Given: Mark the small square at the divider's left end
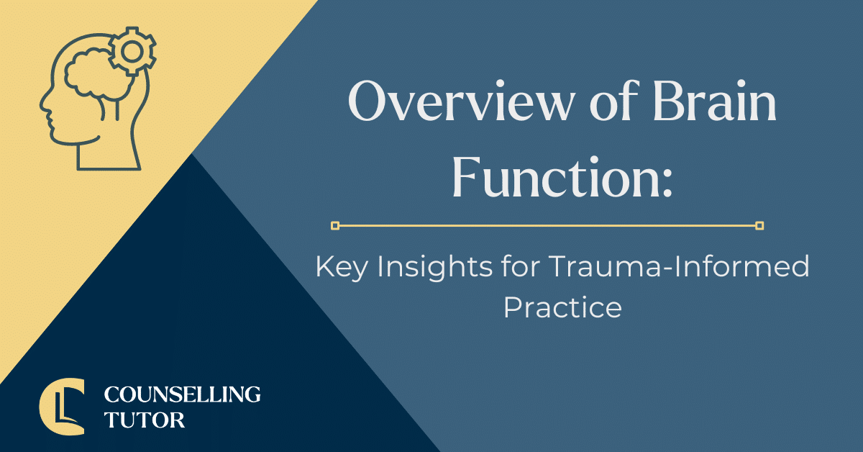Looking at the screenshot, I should [335, 226].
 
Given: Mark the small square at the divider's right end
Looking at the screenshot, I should [759, 226].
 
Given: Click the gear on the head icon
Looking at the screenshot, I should [132, 51].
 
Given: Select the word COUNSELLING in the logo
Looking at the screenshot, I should [182, 394].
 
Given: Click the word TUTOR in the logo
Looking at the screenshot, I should [145, 420].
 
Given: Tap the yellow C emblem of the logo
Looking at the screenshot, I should [60, 407].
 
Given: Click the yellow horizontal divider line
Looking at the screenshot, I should [547, 226].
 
